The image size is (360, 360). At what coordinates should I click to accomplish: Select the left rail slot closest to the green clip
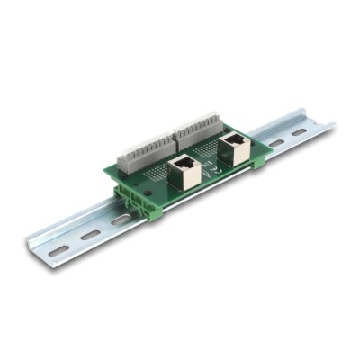coord(120,220)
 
